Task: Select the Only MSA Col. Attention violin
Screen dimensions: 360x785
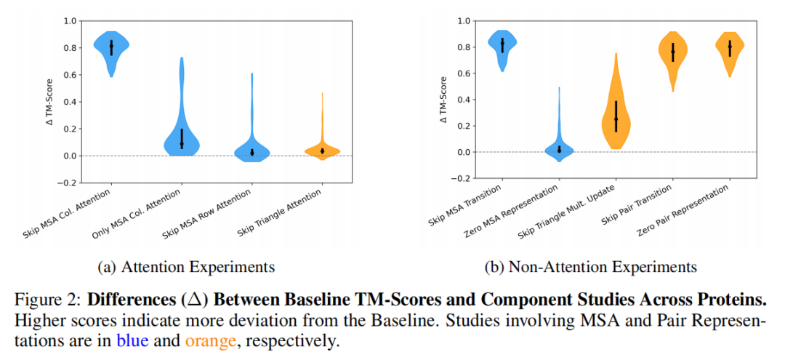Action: (182, 135)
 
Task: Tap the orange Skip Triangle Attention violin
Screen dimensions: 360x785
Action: (322, 150)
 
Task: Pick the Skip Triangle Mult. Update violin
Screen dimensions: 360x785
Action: (616, 120)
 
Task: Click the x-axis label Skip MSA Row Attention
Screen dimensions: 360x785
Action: (210, 215)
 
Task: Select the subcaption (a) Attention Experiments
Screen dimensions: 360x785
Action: (186, 267)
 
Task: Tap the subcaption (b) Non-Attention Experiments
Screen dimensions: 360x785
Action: (590, 267)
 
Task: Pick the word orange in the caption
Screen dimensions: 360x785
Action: (206, 340)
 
